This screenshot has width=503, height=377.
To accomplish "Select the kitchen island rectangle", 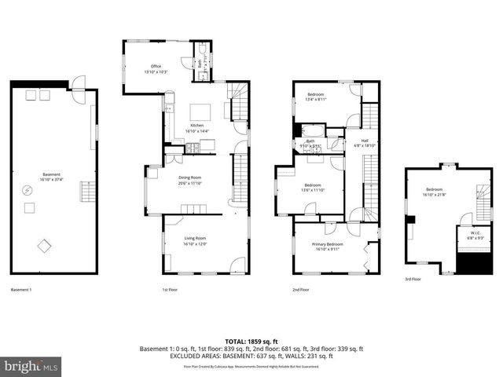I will (x=200, y=111).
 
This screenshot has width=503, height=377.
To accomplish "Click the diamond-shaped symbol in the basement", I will (x=45, y=247).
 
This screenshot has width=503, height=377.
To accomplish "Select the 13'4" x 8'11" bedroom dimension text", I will (x=315, y=100).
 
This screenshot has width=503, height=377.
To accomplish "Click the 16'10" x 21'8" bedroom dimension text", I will (x=434, y=194).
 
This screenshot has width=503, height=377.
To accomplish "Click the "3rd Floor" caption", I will (x=413, y=279).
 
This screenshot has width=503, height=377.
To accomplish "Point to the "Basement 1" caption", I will (x=21, y=290).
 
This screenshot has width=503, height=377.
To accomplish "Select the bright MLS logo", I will (x=31, y=366).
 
